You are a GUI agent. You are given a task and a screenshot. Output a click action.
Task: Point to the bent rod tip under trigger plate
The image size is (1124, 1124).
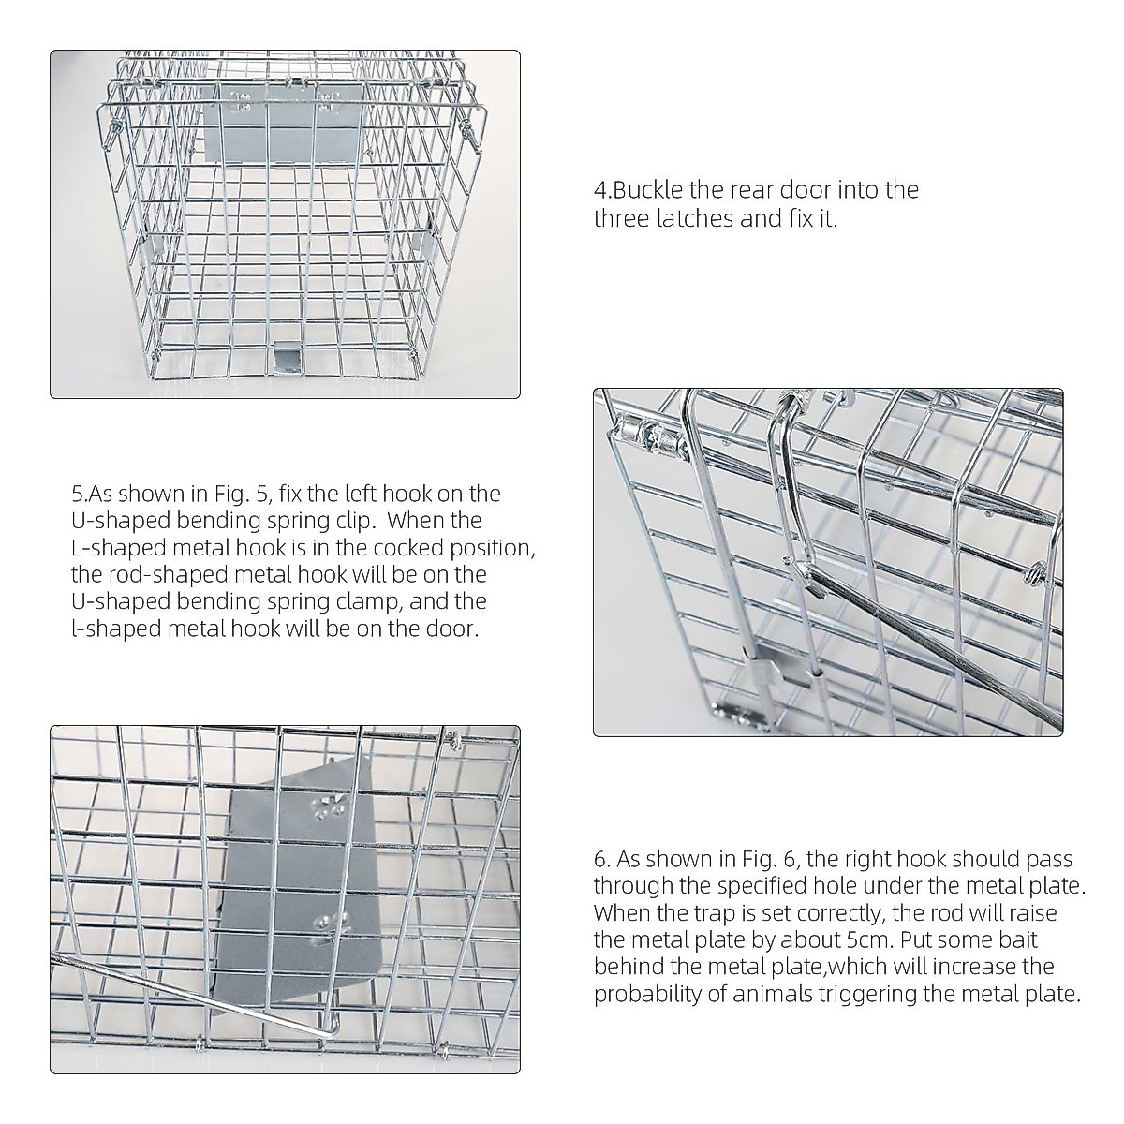click(x=328, y=1021)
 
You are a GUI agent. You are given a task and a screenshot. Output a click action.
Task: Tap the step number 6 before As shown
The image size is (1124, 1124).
click(x=600, y=860)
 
